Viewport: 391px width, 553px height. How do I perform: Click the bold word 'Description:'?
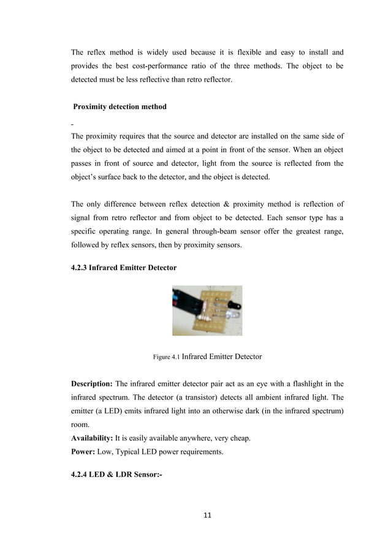(91, 384)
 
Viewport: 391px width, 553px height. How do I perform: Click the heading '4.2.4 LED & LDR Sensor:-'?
(116, 475)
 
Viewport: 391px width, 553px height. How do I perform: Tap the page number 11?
(207, 516)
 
